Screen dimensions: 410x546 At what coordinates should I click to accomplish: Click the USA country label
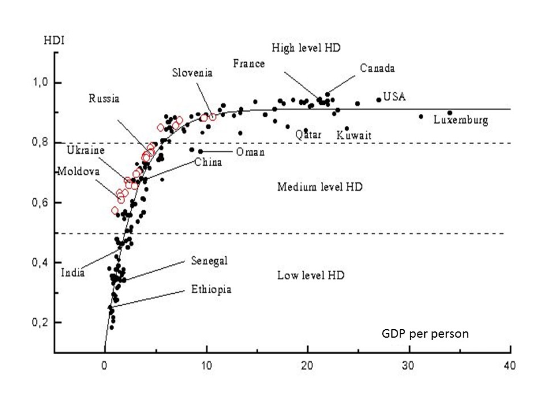pos(394,97)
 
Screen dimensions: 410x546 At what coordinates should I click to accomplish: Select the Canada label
pos(377,68)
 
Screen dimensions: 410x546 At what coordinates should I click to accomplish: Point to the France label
pos(249,63)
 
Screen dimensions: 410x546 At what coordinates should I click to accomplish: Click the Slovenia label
pos(193,72)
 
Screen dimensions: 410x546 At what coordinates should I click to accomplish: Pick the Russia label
pos(104,99)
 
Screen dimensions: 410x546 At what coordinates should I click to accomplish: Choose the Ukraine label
pos(86,150)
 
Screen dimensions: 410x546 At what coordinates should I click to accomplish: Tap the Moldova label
pos(78,171)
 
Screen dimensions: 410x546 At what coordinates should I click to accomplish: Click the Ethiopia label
pos(211,290)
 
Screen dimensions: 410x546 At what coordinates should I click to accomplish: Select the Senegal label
pos(209,261)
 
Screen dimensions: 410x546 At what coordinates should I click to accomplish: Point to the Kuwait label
pos(354,136)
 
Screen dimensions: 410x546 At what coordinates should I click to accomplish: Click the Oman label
pos(250,152)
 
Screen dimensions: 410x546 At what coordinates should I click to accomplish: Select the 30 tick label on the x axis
pos(409,365)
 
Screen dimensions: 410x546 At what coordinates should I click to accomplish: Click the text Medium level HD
pos(320,187)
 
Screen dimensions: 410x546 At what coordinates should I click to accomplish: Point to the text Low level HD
pos(311,276)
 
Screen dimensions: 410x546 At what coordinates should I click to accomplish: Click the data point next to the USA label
pos(378,100)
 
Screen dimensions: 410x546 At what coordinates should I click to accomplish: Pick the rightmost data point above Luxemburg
pos(450,113)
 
